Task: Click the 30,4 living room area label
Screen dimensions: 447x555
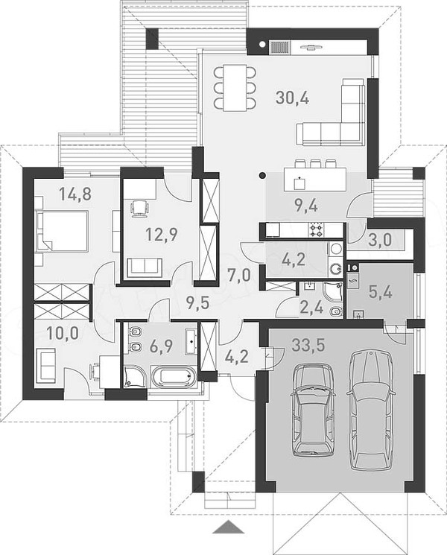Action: click(292, 98)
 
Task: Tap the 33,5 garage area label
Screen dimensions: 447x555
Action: click(308, 345)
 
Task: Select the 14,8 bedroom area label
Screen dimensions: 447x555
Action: click(75, 194)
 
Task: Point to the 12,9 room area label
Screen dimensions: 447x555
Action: click(162, 235)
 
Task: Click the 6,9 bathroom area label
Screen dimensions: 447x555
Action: click(161, 345)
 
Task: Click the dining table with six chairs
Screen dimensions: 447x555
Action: click(234, 87)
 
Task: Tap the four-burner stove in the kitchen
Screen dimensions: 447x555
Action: click(317, 230)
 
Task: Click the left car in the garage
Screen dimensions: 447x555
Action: click(313, 410)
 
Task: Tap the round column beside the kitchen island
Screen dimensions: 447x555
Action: click(262, 174)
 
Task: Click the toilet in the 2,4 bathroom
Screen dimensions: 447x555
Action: click(336, 311)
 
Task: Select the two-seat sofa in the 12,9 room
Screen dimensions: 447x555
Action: click(145, 266)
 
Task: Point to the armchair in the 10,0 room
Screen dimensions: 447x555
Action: click(45, 365)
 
